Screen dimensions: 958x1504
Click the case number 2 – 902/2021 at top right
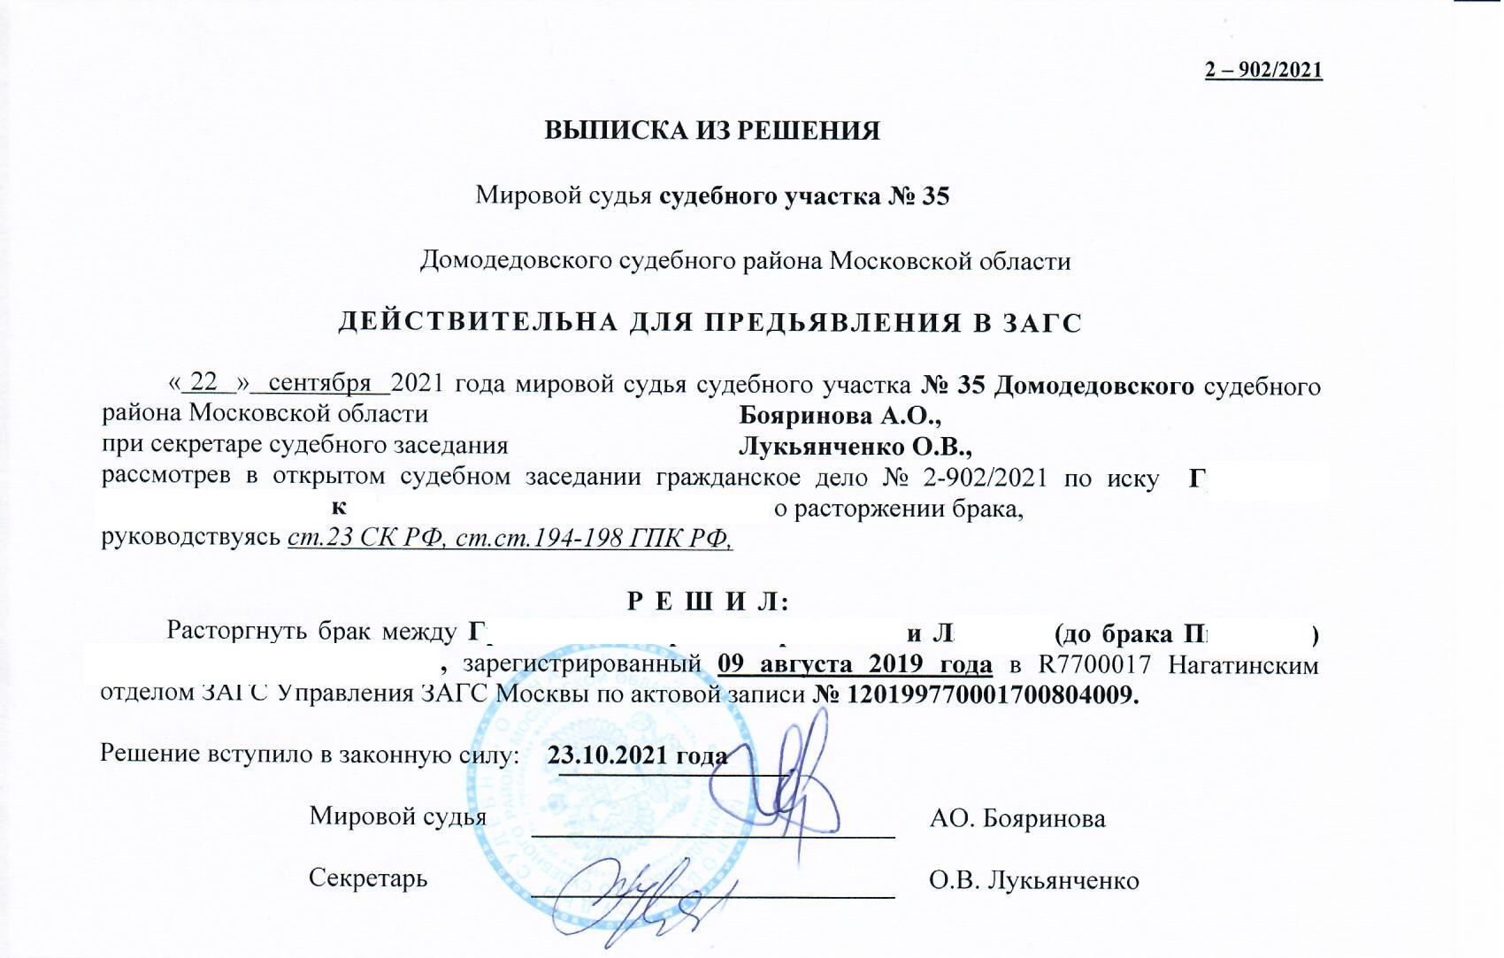pos(1263,70)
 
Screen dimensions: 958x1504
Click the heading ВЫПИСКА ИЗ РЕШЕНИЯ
pos(712,131)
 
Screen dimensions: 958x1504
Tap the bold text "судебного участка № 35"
pos(805,195)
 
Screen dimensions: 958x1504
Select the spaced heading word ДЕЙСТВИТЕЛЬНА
pos(479,323)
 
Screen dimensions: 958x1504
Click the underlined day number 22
pos(204,382)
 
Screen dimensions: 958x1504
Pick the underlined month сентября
pos(319,382)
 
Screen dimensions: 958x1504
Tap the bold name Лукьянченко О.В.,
pos(856,446)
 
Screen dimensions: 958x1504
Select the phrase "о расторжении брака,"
pos(899,510)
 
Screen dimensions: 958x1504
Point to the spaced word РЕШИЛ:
pos(707,602)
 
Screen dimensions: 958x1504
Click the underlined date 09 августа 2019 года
pos(855,663)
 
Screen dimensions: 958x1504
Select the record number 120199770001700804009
pos(992,694)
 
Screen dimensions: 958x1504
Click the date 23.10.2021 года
pos(637,756)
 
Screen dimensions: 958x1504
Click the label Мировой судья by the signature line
pos(397,816)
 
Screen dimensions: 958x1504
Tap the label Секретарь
pos(368,878)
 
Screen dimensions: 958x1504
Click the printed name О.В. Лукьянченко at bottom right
pos(1033,881)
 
